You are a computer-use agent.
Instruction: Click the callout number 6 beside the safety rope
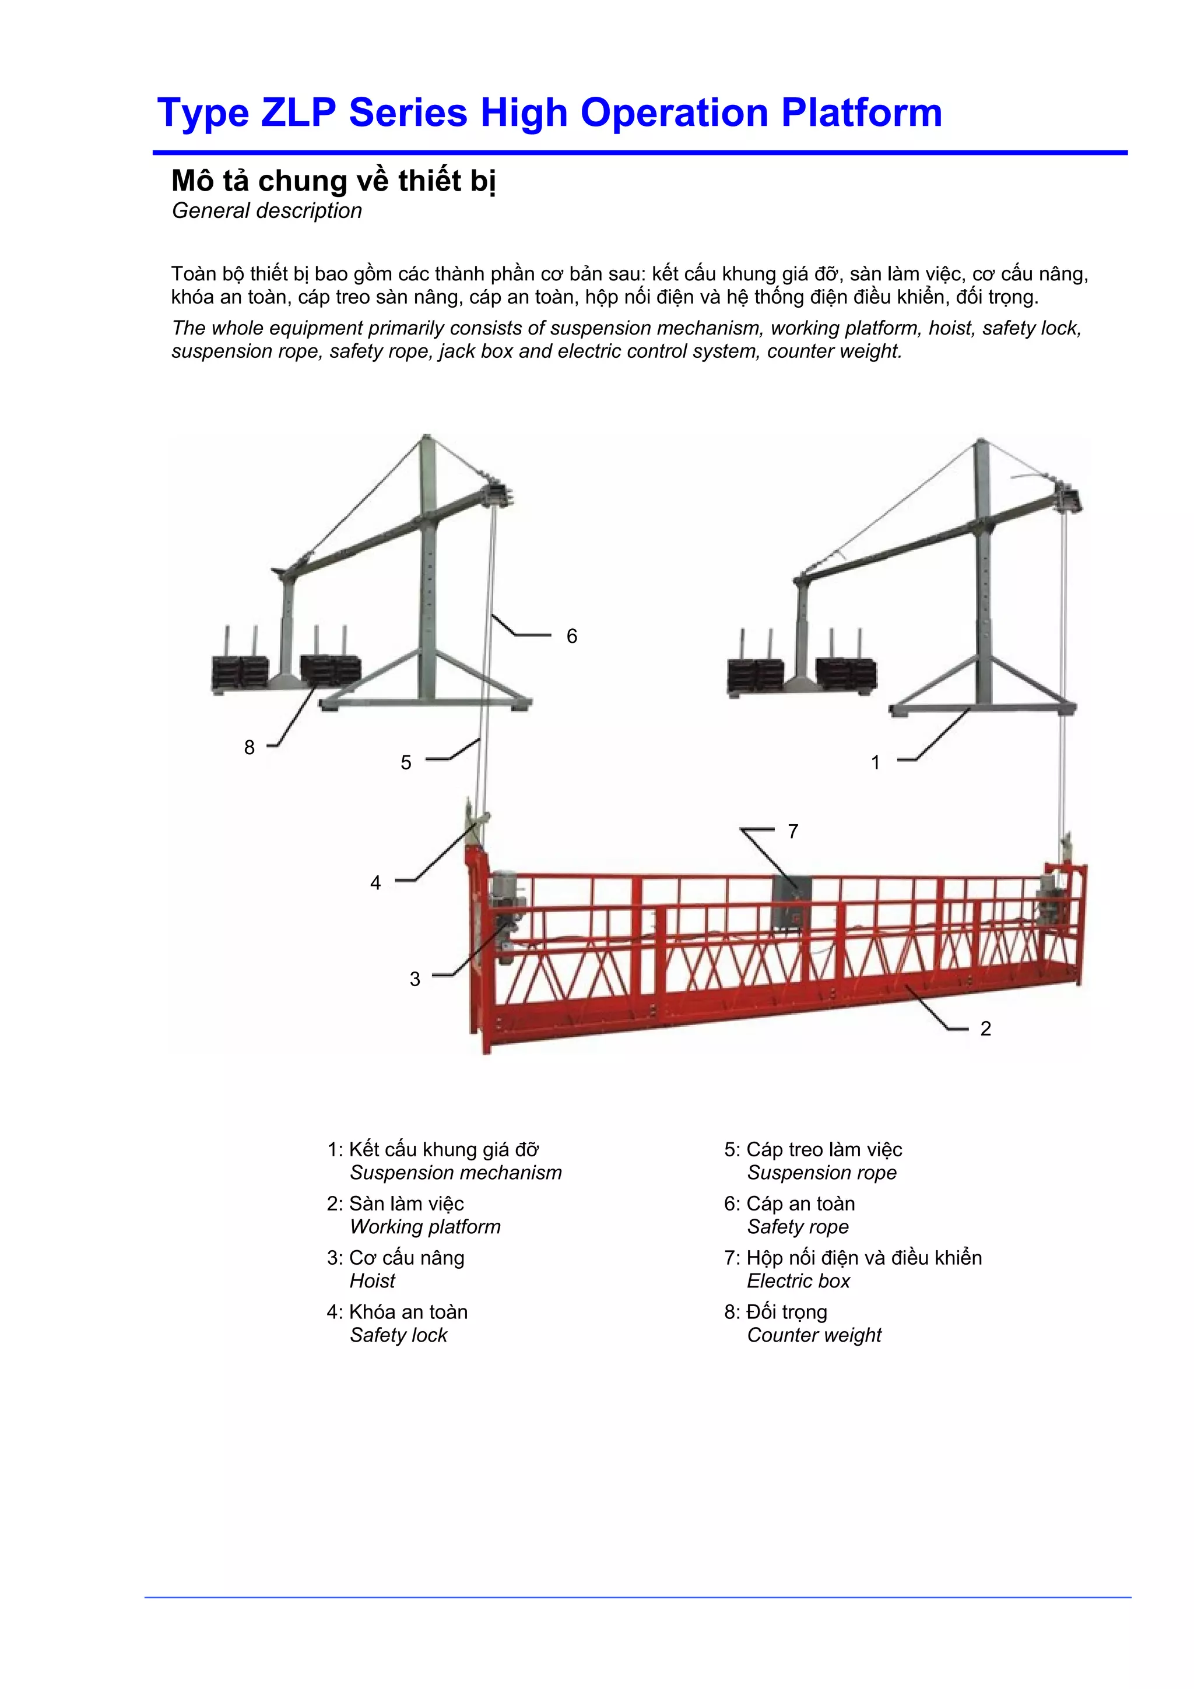[571, 636]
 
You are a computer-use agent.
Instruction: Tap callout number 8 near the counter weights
[250, 747]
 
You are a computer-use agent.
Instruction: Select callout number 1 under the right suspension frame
[876, 763]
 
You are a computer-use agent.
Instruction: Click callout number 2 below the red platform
[986, 1029]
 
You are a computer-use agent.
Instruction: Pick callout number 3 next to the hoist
[415, 979]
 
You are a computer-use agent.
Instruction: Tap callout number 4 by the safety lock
[376, 883]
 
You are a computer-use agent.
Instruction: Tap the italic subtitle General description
[267, 211]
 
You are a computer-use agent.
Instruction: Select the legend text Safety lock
[399, 1335]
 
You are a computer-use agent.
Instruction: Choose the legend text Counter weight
[814, 1335]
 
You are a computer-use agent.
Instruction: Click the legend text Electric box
[798, 1280]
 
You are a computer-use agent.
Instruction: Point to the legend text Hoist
[373, 1280]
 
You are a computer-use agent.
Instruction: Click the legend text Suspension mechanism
[455, 1173]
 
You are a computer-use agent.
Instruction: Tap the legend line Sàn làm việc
[406, 1204]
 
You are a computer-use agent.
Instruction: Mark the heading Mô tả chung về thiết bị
[333, 181]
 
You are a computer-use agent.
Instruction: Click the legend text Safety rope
[798, 1226]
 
